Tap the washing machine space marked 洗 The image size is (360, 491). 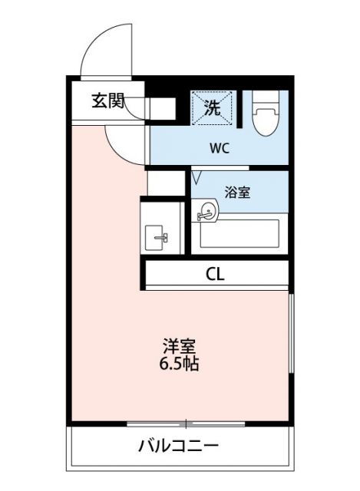pos(212,107)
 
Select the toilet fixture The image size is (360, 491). pos(265,119)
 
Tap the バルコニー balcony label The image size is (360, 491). pos(180,446)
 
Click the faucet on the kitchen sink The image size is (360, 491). pos(163,238)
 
